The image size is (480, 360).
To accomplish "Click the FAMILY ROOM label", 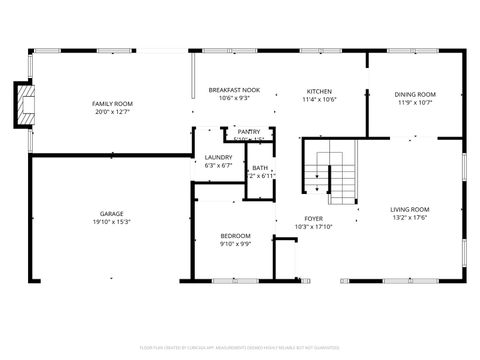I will point(113,104).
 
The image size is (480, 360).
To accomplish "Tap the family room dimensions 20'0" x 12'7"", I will point(113,112).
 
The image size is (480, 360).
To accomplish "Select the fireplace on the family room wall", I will point(23,105).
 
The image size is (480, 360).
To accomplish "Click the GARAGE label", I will point(111,213).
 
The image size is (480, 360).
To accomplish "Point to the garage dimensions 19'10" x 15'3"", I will point(111,221).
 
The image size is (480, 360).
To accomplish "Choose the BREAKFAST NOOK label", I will point(234,90).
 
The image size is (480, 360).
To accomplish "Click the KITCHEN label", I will point(319,91).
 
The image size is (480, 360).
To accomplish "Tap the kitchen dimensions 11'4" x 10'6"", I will point(319,99).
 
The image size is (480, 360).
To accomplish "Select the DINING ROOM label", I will point(414,94).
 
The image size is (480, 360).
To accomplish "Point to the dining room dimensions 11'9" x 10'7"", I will point(414,102).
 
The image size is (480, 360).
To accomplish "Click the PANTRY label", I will point(249,131).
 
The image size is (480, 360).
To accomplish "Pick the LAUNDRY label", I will point(218,157).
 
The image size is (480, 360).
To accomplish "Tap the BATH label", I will point(260,167).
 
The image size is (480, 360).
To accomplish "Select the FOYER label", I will point(314,218).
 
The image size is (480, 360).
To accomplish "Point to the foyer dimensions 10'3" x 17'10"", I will point(314,226).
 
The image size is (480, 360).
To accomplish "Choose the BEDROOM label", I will point(235,235).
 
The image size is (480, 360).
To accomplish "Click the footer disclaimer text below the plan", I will point(240,346).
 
